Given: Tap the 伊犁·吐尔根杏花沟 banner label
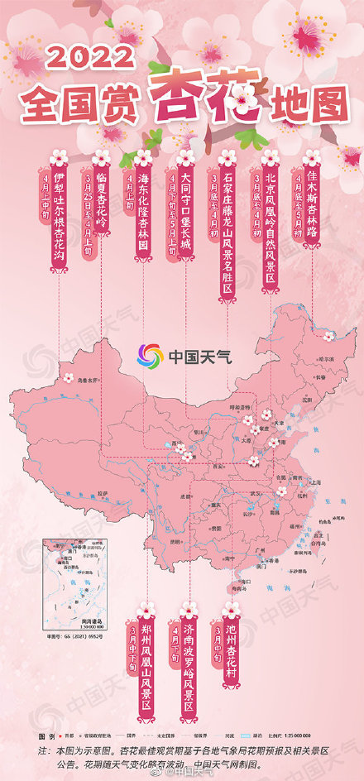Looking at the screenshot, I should coord(58,211).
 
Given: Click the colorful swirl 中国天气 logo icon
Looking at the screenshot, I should coord(151,357).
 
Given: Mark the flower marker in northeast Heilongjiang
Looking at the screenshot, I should coord(328,337).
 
